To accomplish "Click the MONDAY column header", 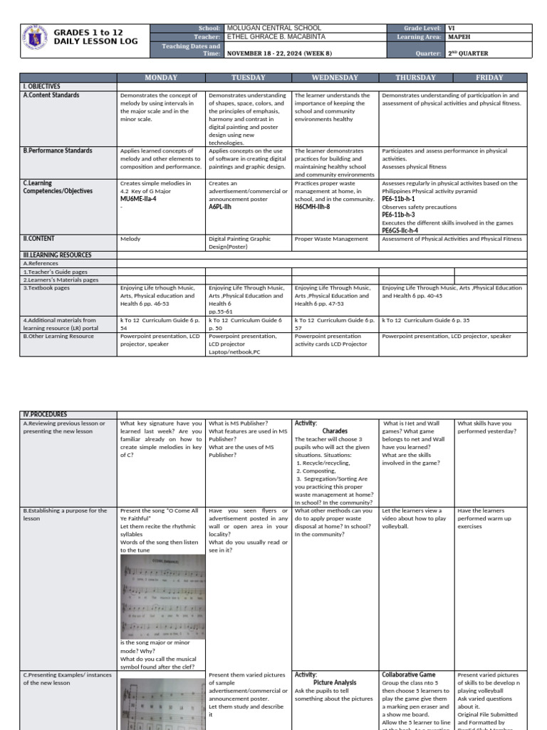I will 161,77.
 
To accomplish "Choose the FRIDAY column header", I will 489,77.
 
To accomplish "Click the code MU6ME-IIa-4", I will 138,199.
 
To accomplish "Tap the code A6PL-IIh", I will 220,207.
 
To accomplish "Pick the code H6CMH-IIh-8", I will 312,207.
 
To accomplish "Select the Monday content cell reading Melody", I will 130,240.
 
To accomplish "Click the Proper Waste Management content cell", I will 331,240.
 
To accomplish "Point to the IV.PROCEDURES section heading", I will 45,414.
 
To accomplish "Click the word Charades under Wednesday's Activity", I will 335,431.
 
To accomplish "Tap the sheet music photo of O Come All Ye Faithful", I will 162,595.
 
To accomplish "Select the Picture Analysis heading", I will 335,682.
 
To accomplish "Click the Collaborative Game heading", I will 408,674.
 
